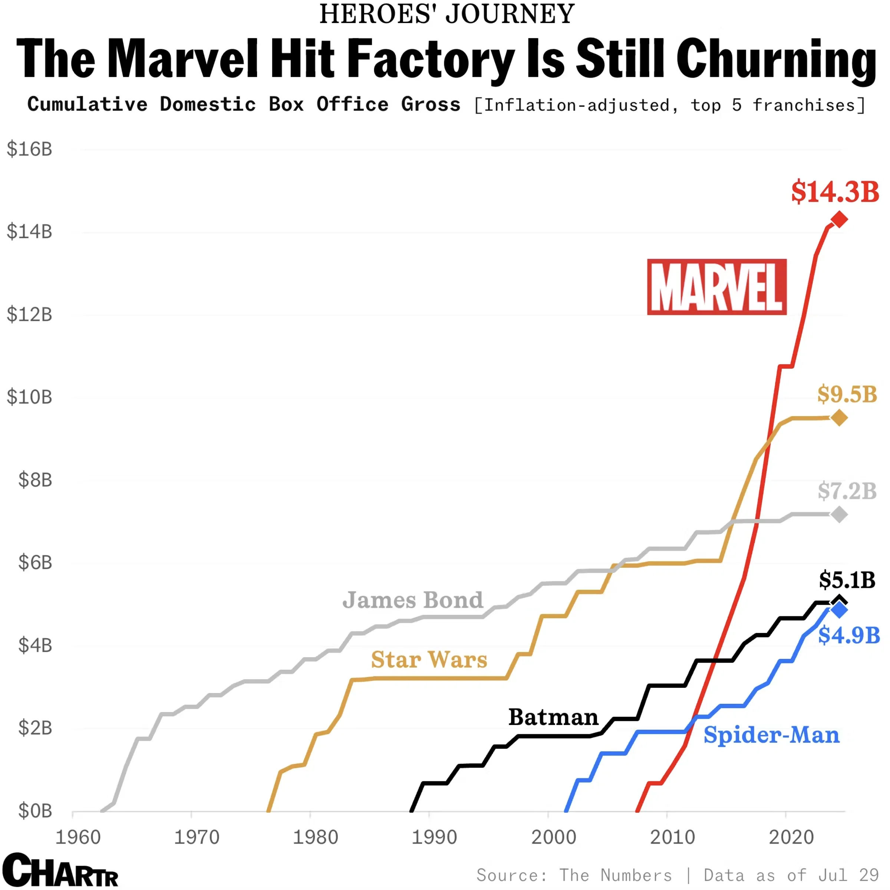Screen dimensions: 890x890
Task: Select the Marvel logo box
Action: (x=717, y=287)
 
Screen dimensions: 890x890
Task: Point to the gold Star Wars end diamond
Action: (x=839, y=418)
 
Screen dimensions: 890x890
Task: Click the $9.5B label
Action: (x=847, y=394)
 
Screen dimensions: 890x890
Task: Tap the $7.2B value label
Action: (x=847, y=491)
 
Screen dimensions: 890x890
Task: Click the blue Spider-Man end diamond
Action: (x=839, y=610)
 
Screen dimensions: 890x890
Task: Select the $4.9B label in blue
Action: (x=848, y=635)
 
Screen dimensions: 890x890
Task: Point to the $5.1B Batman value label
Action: (x=847, y=580)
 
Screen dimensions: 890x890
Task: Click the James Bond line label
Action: (x=412, y=600)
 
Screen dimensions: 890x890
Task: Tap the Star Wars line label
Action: (x=429, y=659)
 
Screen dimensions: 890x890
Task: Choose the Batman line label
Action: (x=553, y=717)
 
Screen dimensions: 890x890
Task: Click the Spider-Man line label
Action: (x=771, y=735)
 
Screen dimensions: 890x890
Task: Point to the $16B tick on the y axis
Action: (x=30, y=149)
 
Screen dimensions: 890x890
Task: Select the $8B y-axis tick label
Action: (x=35, y=480)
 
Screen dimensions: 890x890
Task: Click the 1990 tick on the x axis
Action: (x=434, y=837)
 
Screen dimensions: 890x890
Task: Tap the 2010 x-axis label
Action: (x=672, y=837)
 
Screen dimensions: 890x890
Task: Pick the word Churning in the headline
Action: (x=776, y=59)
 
